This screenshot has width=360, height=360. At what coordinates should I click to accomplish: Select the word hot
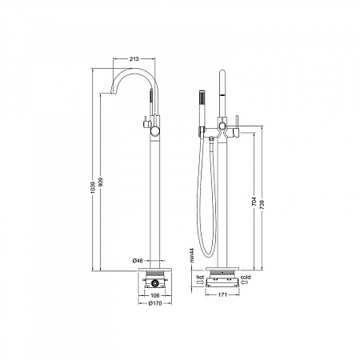[200, 274]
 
